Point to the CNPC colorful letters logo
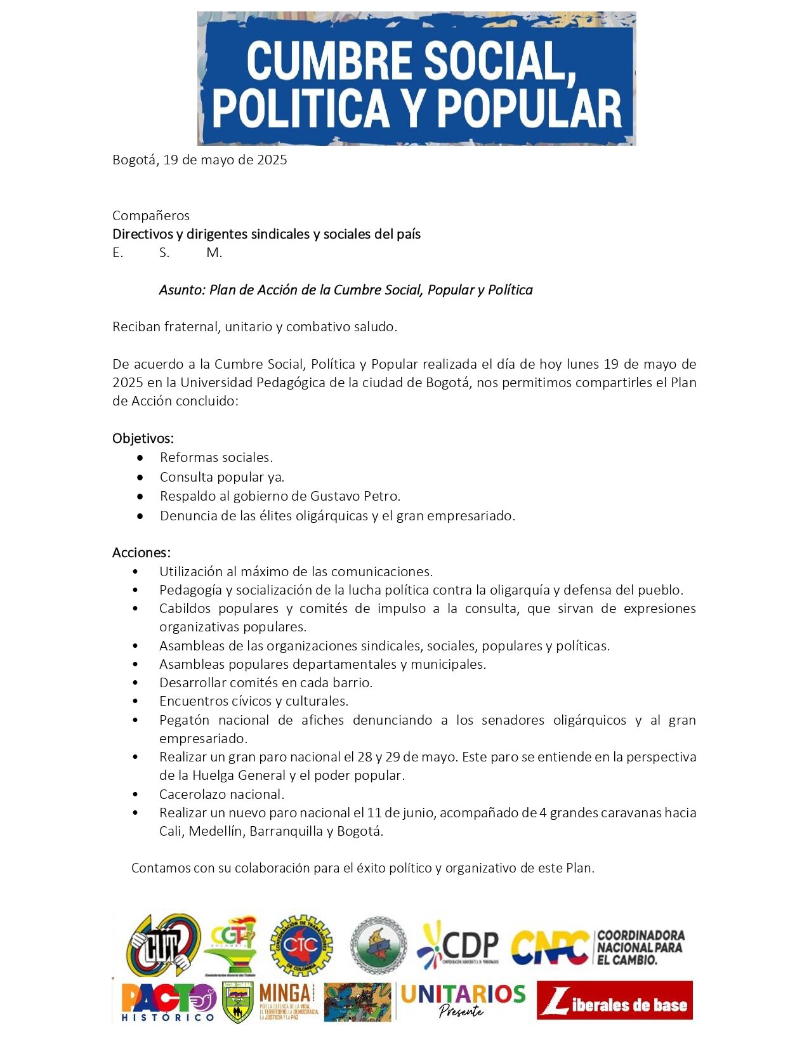[549, 947]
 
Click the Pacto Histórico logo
[168, 1002]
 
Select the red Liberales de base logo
[614, 1000]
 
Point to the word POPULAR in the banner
[529, 108]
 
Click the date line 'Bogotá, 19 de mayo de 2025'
[199, 160]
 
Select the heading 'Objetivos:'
[143, 438]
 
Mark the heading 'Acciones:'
[141, 553]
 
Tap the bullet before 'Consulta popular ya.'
[140, 477]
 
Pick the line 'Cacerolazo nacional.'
[221, 794]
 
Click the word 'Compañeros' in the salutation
[151, 216]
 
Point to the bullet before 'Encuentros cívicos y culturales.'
[136, 702]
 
